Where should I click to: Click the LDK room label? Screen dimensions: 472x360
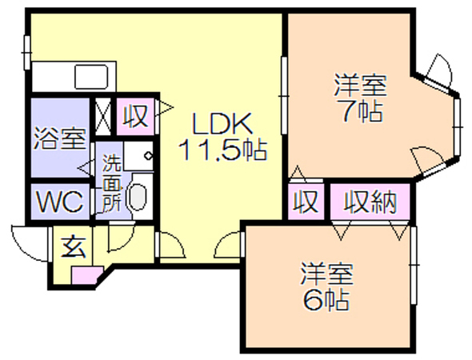[x=222, y=124]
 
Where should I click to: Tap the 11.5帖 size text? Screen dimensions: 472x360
[x=222, y=149]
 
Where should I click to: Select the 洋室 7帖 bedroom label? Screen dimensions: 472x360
[x=360, y=98]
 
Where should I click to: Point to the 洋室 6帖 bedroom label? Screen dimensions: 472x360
[x=326, y=286]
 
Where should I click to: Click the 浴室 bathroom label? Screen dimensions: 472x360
[x=60, y=138]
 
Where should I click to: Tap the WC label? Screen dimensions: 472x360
[x=60, y=202]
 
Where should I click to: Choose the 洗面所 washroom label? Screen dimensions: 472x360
[x=111, y=183]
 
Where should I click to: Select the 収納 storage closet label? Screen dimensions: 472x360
[x=370, y=202]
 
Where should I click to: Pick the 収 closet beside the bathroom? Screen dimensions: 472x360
[x=135, y=116]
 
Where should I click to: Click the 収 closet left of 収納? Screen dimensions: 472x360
[x=306, y=202]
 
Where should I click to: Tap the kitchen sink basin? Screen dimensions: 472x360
[x=91, y=77]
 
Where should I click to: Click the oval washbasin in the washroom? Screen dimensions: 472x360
[x=138, y=197]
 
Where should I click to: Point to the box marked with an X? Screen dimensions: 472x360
[x=103, y=116]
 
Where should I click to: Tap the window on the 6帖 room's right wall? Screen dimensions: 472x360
[x=414, y=265]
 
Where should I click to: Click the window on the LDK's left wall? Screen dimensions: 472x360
[x=27, y=53]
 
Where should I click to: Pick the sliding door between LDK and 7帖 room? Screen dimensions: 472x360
[x=283, y=95]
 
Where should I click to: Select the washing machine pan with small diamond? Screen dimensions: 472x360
[x=138, y=156]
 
